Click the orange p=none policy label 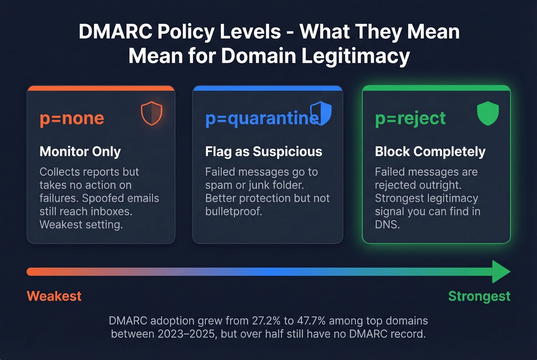coord(72,118)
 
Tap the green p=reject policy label coord(410,118)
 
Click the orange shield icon coord(152,113)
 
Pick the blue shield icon coord(321,113)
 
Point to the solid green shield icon coord(488,113)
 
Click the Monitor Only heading coord(80,151)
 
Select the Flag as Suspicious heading coord(264,151)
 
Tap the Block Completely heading coord(430,151)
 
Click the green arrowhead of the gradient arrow coord(500,272)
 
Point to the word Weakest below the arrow coord(54,296)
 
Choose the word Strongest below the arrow coord(479,296)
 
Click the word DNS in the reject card coord(387,225)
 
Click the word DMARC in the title coord(115,31)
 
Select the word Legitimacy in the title coord(356,56)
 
